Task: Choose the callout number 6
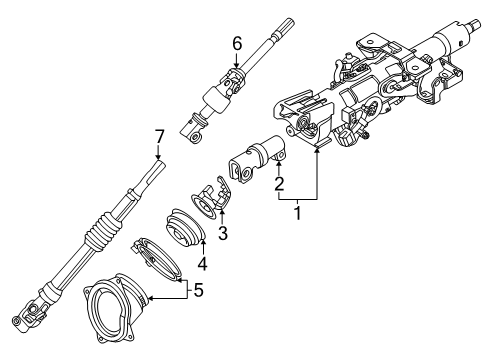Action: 236,43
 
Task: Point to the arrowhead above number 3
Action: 221,212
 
